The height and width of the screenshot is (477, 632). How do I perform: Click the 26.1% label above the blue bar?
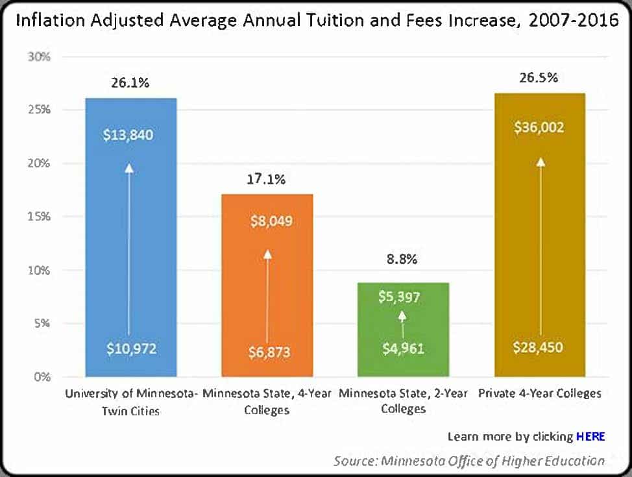pyautogui.click(x=130, y=82)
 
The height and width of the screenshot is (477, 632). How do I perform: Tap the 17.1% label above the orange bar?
pyautogui.click(x=267, y=179)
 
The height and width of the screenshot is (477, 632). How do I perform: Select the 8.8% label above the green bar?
pyautogui.click(x=403, y=259)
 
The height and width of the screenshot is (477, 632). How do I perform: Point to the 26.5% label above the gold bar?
pyautogui.click(x=539, y=78)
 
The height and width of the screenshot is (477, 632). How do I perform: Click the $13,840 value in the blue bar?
pyautogui.click(x=130, y=135)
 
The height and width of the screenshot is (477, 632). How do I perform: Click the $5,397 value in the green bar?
pyautogui.click(x=400, y=298)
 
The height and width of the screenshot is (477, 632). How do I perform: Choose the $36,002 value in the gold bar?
pyautogui.click(x=539, y=127)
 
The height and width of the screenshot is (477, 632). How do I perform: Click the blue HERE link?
pyautogui.click(x=590, y=436)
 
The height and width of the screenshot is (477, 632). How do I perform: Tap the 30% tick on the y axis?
pyautogui.click(x=39, y=56)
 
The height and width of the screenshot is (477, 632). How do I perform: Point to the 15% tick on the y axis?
pyautogui.click(x=39, y=216)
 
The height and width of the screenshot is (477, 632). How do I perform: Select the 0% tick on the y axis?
pyautogui.click(x=42, y=376)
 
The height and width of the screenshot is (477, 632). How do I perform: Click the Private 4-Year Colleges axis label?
pyautogui.click(x=539, y=393)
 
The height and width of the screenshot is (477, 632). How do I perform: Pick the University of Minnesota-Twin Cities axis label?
pyautogui.click(x=130, y=401)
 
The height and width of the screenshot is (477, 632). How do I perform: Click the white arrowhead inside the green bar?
pyautogui.click(x=402, y=315)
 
